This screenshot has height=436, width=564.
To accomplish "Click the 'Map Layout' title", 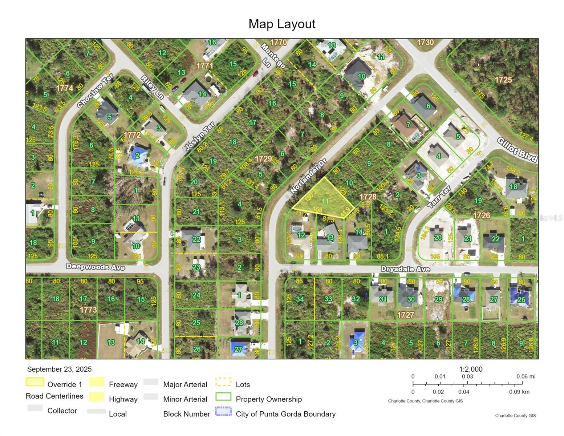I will (x=282, y=24).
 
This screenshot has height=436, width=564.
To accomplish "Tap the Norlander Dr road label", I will (x=309, y=176).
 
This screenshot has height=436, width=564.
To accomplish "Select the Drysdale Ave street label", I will (x=405, y=269).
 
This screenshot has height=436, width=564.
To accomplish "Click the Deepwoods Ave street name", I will (x=96, y=267).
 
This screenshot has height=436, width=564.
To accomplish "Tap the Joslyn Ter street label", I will (x=200, y=136).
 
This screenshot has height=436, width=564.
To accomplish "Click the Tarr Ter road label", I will (x=439, y=197).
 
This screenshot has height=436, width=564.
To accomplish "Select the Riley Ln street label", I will (x=152, y=87).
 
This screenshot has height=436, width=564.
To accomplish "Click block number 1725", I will (x=503, y=80).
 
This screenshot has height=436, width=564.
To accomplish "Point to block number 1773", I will (x=88, y=310).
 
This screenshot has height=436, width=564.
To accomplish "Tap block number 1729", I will (x=263, y=159).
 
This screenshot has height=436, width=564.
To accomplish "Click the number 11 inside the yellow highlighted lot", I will (x=325, y=201).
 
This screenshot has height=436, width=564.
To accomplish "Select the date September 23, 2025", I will (x=59, y=369).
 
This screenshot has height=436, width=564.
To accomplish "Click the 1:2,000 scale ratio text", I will (x=471, y=369).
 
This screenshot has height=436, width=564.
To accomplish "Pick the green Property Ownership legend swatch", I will (x=223, y=397).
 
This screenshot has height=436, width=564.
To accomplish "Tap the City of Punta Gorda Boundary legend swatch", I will (x=223, y=411).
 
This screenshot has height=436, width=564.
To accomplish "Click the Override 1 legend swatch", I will (x=35, y=382).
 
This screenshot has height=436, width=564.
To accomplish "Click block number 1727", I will (x=405, y=315).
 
